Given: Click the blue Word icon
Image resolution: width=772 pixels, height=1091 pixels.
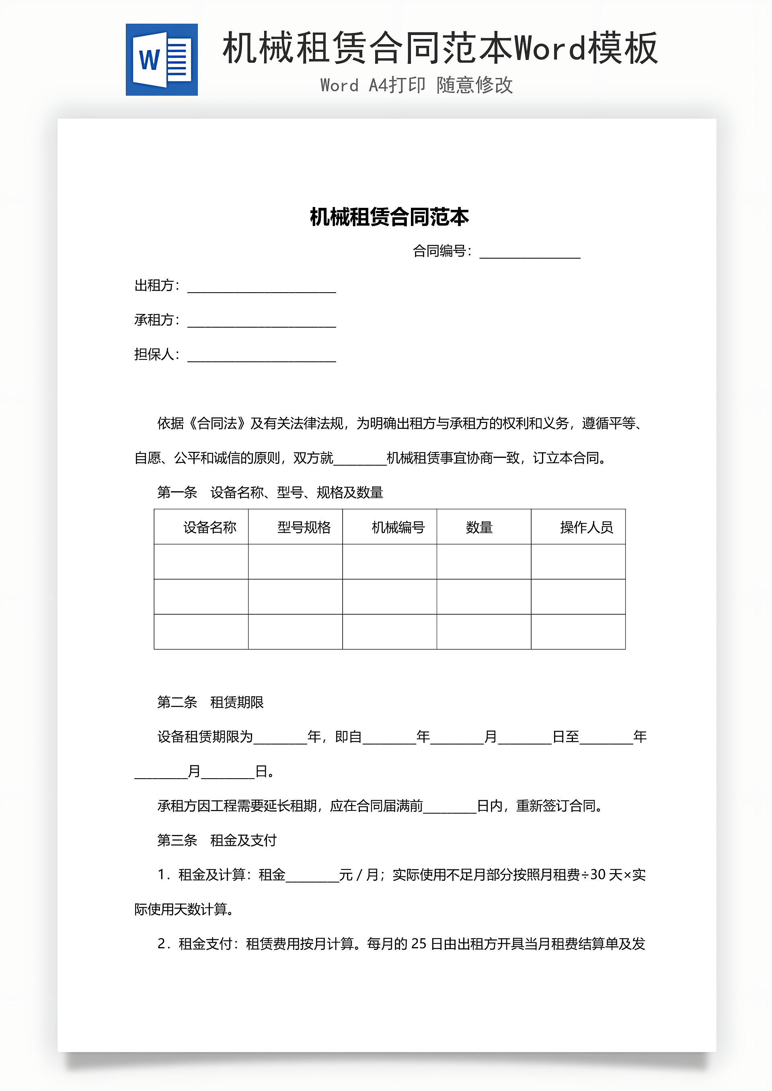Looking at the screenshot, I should (x=162, y=60).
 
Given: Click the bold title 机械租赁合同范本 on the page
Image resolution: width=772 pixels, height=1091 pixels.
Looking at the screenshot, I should (x=389, y=217).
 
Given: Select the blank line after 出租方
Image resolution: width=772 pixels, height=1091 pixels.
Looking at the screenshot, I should (x=261, y=287).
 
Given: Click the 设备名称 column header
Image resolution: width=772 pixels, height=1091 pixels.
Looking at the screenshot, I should (x=209, y=527).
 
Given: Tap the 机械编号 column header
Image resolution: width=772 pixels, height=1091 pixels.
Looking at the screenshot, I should (x=398, y=527).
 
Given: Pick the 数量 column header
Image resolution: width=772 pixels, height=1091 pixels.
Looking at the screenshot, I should (x=479, y=527).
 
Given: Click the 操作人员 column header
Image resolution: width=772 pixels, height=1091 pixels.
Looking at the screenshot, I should (x=586, y=527).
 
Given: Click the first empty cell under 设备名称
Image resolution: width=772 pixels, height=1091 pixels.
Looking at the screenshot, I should (x=201, y=562).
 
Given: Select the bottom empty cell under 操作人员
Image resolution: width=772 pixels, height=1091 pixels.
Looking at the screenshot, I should (x=578, y=632).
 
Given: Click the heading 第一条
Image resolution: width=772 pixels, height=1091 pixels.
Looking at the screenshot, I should (x=177, y=493).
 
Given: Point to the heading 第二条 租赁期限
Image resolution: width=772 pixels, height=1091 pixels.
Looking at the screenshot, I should (x=210, y=702).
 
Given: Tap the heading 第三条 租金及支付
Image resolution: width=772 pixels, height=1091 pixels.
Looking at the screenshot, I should (x=217, y=840).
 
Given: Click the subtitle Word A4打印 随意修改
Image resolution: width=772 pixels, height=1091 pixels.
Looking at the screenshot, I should (x=417, y=86).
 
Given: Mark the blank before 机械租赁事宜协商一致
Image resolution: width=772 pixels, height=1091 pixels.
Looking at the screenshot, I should (x=360, y=459).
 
